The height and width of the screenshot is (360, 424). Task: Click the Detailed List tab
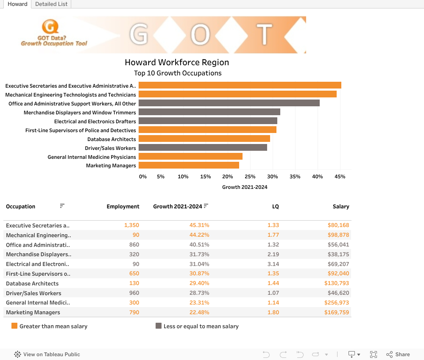pos(52,4)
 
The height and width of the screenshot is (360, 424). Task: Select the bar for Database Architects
pos(204,138)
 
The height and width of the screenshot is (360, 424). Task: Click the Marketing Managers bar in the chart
pos(189,165)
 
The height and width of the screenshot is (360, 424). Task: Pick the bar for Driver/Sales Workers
pos(203,147)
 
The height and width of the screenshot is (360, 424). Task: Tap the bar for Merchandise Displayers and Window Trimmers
pos(209,112)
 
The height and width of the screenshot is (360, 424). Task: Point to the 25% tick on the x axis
pos(250,177)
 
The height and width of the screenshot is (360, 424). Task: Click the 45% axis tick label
pos(340,177)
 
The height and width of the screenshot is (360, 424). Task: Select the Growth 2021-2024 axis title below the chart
pos(245,187)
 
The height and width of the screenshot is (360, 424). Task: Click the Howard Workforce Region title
pos(177,62)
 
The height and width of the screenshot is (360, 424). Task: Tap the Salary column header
pos(341,207)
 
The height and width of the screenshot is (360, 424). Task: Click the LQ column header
pos(276,207)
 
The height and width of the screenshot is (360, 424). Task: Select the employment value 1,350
pos(131,225)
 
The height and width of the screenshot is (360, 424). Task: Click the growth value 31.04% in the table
pos(199,264)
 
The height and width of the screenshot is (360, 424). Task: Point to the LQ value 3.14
pos(273,264)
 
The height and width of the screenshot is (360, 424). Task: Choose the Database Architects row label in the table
pos(32,283)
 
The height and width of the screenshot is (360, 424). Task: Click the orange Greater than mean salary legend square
pos(14,326)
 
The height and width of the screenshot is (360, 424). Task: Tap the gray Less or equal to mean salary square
pos(159,326)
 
